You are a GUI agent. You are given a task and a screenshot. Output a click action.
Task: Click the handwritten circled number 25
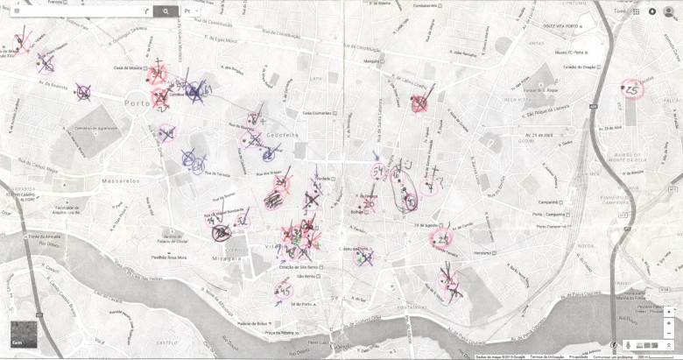(632, 90)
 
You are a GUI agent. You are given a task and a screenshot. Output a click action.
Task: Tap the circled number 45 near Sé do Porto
(284, 290)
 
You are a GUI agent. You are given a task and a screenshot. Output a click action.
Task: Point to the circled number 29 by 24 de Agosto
(443, 238)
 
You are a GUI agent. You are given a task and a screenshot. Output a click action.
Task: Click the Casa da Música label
(128, 67)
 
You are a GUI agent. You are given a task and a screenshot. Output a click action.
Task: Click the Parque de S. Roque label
(539, 88)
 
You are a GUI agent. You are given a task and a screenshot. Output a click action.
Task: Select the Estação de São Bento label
(297, 266)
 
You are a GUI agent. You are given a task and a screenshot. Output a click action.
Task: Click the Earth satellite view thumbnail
(24, 335)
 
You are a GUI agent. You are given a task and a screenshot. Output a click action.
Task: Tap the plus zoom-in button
(668, 312)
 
